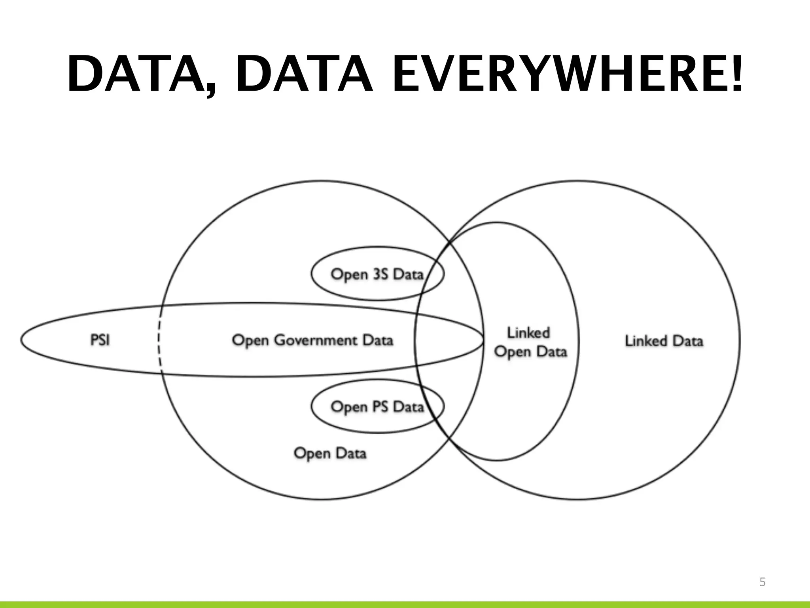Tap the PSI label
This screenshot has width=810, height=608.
(100, 340)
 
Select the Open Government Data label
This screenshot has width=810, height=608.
(312, 340)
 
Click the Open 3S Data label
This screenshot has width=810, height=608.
(377, 274)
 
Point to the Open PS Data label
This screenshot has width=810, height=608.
(377, 407)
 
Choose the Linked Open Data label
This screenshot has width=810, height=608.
(530, 342)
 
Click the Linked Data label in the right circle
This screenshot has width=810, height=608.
(664, 341)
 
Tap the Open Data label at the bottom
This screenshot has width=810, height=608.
(330, 453)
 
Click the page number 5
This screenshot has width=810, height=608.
(763, 582)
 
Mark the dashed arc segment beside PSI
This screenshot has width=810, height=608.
(159, 340)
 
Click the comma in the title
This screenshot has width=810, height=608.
(212, 87)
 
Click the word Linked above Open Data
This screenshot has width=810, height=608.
(528, 332)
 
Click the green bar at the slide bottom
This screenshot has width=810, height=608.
(405, 604)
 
